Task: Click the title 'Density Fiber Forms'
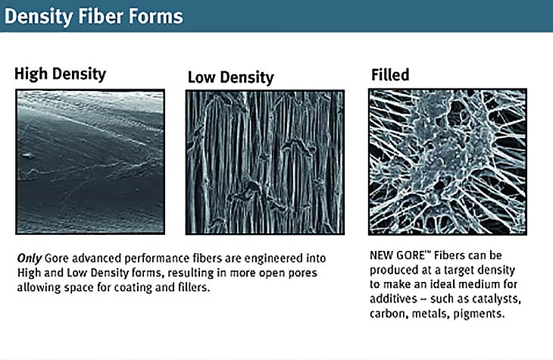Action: (x=95, y=16)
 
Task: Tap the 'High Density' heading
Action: (x=60, y=74)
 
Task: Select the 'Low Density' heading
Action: (x=230, y=77)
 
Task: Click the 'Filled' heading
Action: (x=390, y=75)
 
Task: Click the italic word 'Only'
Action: (x=30, y=258)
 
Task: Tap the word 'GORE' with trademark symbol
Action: (x=415, y=257)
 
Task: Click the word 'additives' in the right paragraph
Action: (x=394, y=299)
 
